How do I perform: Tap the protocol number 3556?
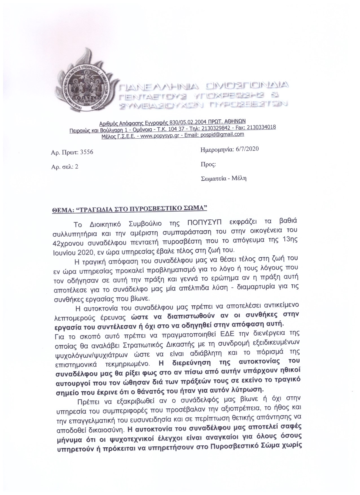click(x=87, y=152)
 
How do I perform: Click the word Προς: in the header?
click(x=208, y=164)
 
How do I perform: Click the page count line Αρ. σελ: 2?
click(x=65, y=166)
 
